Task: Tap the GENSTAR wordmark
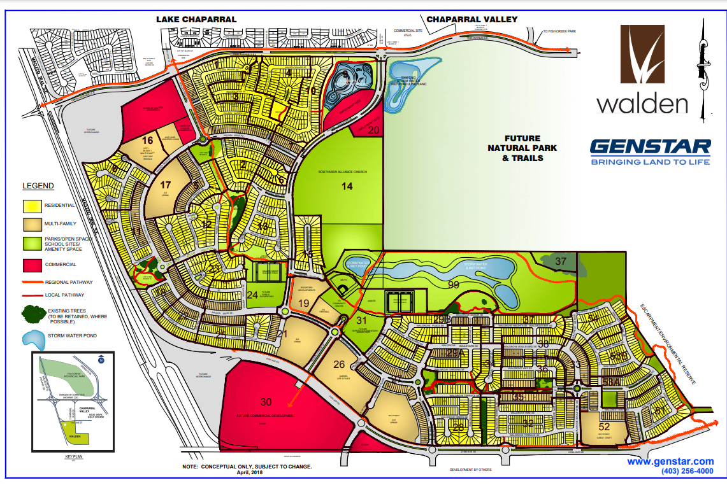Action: tap(650, 147)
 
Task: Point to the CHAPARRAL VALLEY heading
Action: tap(471, 20)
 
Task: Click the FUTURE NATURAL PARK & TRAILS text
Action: tap(524, 148)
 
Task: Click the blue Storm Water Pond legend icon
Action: tap(33, 337)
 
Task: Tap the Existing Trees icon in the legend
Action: tap(33, 314)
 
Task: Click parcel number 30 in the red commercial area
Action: tap(266, 402)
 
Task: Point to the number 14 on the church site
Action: tap(347, 186)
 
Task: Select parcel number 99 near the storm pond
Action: tap(453, 285)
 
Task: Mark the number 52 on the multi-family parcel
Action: tap(605, 426)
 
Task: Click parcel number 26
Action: tap(339, 365)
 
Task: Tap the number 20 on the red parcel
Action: tap(374, 130)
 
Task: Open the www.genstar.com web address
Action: tap(670, 461)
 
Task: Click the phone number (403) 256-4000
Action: tap(687, 471)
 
